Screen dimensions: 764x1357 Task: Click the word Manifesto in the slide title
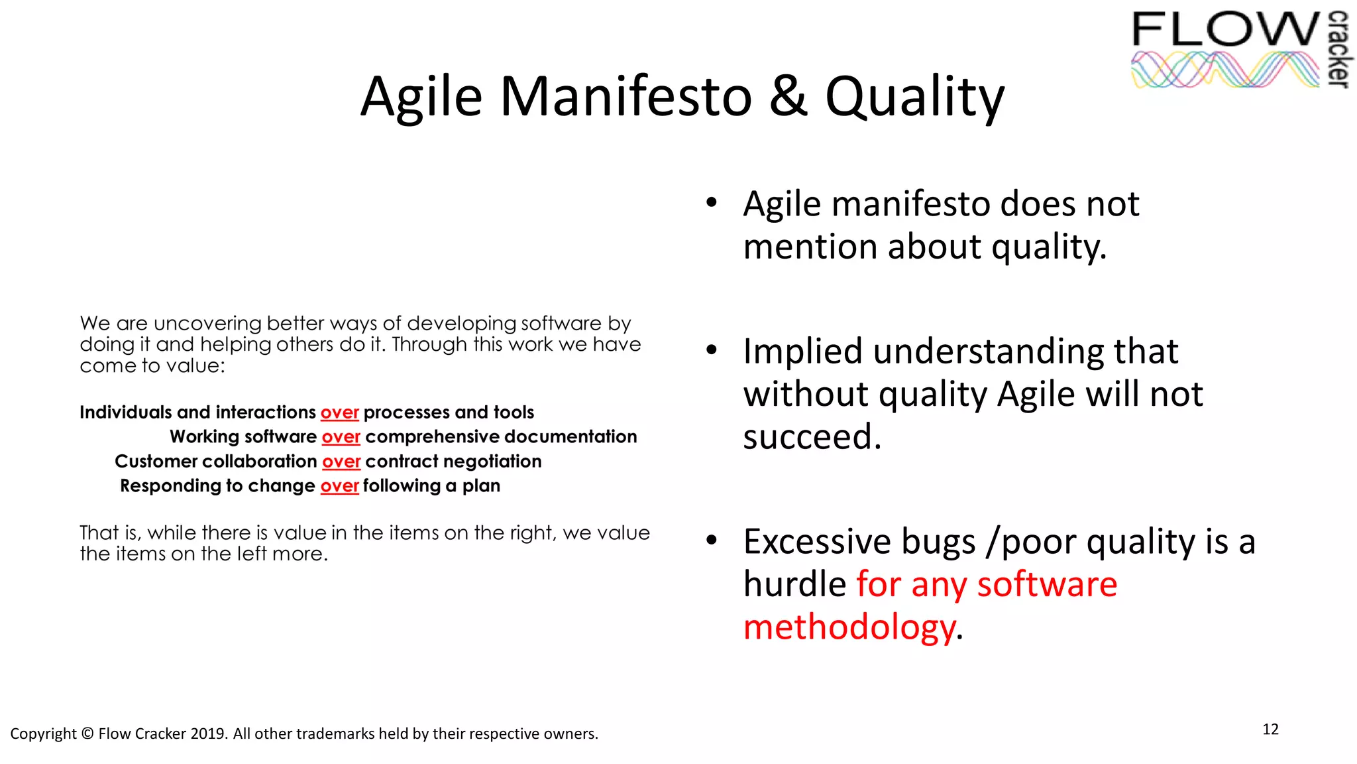(625, 97)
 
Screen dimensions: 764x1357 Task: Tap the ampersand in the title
(788, 97)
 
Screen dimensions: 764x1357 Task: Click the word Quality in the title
(914, 97)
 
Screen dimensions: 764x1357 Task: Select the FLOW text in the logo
(1226, 30)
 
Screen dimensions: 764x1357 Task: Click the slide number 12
(1270, 730)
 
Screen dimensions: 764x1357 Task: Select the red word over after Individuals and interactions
(339, 413)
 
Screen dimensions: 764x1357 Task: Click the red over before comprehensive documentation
(341, 437)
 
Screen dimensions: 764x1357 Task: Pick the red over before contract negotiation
(341, 462)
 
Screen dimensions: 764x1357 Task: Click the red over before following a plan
(339, 486)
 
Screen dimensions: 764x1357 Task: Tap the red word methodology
(849, 627)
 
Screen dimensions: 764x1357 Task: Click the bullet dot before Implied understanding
(712, 350)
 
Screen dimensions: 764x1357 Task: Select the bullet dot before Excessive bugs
(712, 541)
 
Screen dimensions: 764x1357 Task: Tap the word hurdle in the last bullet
(794, 585)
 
